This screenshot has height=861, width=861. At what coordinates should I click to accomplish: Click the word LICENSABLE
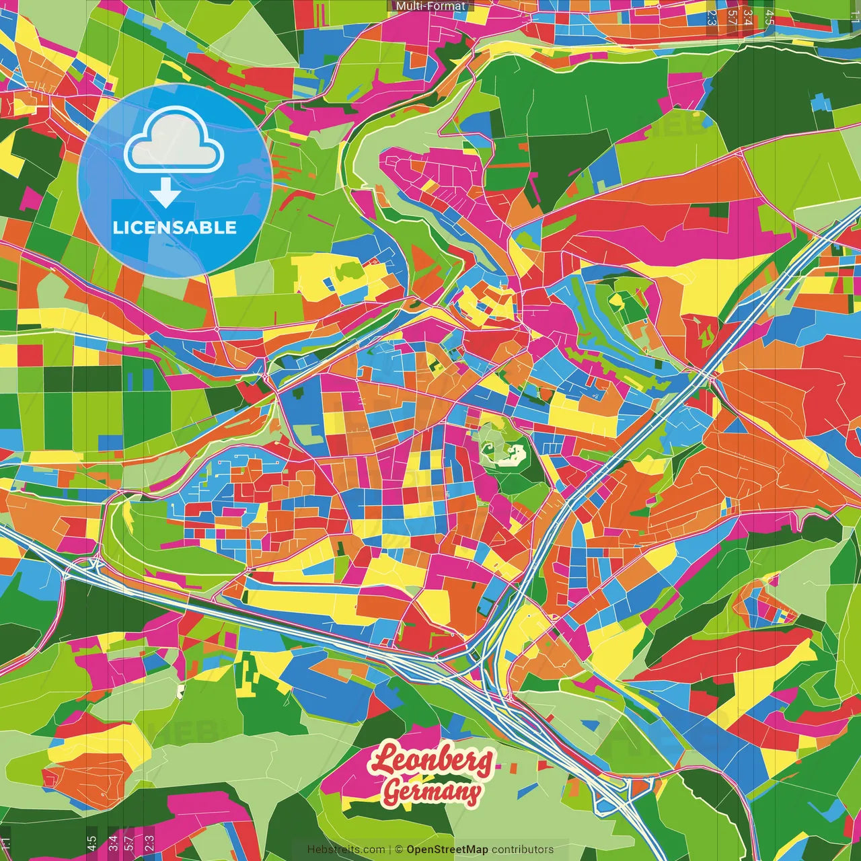pyautogui.click(x=175, y=227)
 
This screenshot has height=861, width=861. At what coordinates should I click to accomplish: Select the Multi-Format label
pyautogui.click(x=430, y=6)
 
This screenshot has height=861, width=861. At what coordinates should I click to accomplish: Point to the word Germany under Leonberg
pyautogui.click(x=432, y=792)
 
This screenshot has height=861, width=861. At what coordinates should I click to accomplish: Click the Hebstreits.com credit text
pyautogui.click(x=346, y=850)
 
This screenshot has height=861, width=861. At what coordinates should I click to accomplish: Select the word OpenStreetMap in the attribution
pyautogui.click(x=447, y=850)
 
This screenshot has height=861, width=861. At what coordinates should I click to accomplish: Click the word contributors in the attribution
pyautogui.click(x=523, y=850)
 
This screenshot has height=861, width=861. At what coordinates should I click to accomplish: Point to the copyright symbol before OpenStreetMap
pyautogui.click(x=399, y=850)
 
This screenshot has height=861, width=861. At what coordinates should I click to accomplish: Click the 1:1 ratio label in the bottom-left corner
pyautogui.click(x=6, y=843)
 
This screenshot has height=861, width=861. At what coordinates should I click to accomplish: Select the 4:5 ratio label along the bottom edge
pyautogui.click(x=92, y=843)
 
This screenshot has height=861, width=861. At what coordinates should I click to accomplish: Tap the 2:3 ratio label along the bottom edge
pyautogui.click(x=149, y=843)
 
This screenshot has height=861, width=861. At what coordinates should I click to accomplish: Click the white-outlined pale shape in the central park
pyautogui.click(x=506, y=453)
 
